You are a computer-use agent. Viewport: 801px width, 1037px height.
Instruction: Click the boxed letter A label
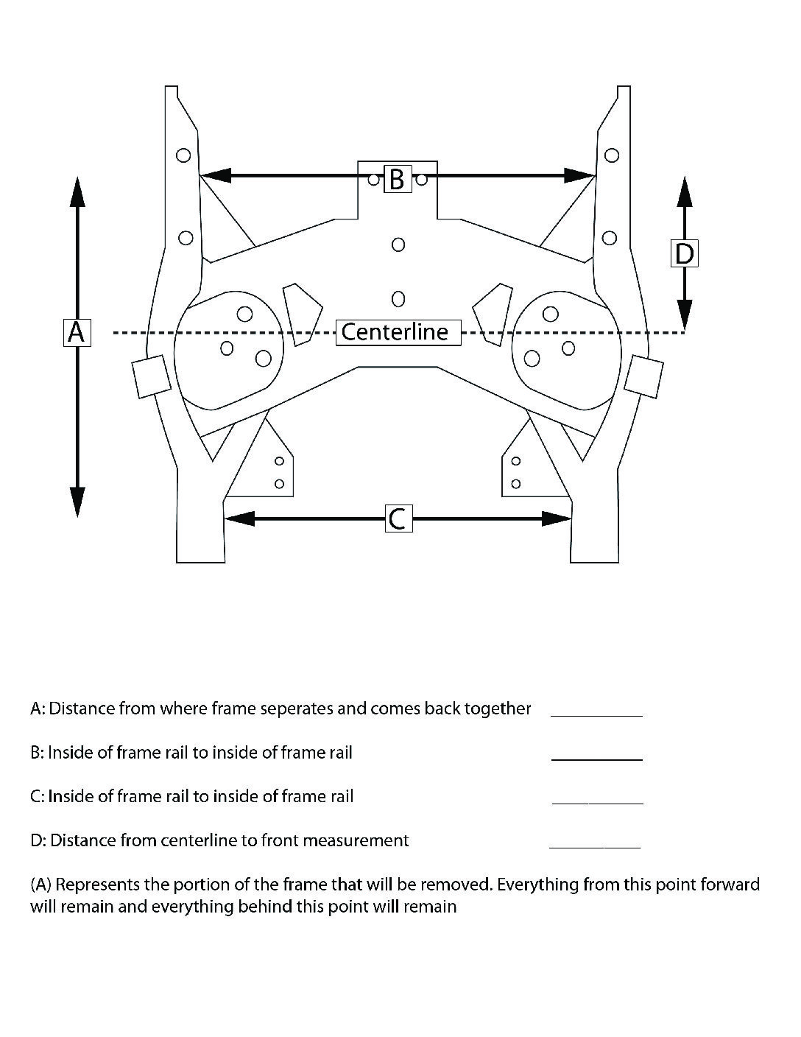pyautogui.click(x=76, y=332)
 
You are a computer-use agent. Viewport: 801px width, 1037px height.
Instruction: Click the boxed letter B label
pyautogui.click(x=397, y=178)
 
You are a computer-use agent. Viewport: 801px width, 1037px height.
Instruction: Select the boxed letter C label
pyautogui.click(x=398, y=518)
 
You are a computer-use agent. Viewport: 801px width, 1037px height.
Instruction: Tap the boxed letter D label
pyautogui.click(x=684, y=253)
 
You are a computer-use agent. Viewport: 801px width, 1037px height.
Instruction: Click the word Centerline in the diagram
pyautogui.click(x=395, y=332)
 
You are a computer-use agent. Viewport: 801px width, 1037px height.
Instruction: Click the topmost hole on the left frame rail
pyautogui.click(x=183, y=155)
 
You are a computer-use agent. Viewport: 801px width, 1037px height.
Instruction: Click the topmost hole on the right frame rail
pyautogui.click(x=611, y=155)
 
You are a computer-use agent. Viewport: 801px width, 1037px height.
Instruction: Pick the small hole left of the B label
pyautogui.click(x=374, y=179)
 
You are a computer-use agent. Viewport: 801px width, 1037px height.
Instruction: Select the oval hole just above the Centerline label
pyautogui.click(x=398, y=298)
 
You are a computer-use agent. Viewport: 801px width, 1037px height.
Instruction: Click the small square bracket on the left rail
pyautogui.click(x=151, y=376)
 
